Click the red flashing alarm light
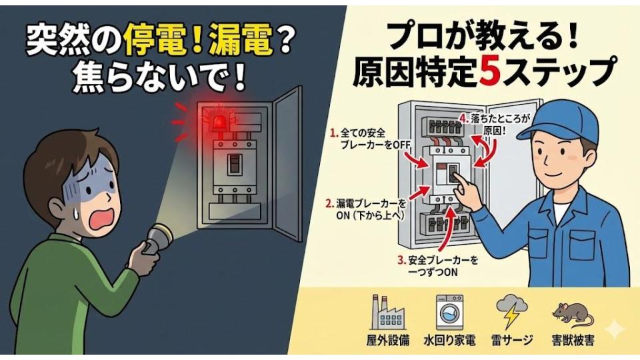[x=219, y=121]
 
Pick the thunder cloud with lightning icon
[x=512, y=312]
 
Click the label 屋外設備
[x=388, y=340]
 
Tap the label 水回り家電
[x=449, y=340]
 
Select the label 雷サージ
[x=512, y=340]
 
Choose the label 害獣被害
[x=573, y=340]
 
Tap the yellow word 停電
[x=156, y=42]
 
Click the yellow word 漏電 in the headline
[x=241, y=42]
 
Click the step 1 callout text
[x=370, y=139]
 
